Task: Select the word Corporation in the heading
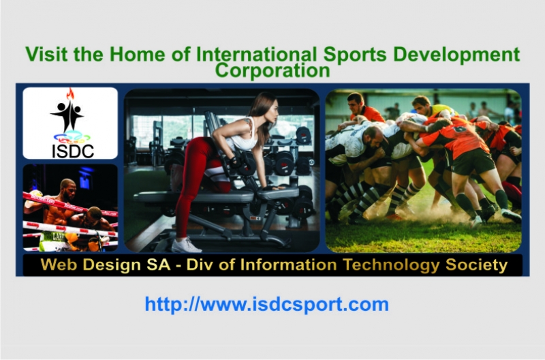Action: click(272, 70)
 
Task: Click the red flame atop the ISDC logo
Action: click(69, 94)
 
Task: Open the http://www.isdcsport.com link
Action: click(266, 304)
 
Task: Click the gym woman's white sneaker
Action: click(185, 245)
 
